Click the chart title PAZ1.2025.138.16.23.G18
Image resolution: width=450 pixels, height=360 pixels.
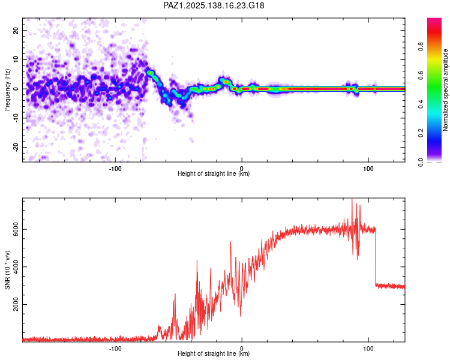[214, 5]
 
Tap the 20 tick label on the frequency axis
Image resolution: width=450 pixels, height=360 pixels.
[16, 30]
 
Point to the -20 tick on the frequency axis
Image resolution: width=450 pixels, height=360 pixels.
[16, 147]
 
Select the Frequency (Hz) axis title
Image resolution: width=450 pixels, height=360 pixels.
[7, 89]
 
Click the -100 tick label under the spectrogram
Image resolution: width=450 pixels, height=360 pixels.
[115, 169]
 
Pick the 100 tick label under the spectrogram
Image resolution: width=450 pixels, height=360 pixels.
[368, 169]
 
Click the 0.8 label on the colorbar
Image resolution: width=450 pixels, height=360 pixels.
[421, 47]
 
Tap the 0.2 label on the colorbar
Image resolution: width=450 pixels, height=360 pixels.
[421, 133]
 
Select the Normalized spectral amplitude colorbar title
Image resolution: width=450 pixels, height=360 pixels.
[445, 90]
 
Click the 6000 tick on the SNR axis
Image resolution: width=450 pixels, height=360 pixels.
[16, 229]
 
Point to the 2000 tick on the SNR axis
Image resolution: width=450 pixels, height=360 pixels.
[16, 304]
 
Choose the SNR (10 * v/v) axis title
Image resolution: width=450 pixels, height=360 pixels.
[7, 270]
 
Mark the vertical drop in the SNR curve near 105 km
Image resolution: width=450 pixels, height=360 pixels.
[376, 256]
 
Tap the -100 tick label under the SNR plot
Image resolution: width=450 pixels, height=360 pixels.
[115, 349]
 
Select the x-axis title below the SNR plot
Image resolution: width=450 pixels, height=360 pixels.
[214, 353]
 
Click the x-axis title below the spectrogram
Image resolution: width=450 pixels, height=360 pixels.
[214, 173]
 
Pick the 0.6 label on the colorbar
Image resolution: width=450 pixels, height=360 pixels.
[421, 75]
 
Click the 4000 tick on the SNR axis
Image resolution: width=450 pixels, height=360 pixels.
[16, 266]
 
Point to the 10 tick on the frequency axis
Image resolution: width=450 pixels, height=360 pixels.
[16, 59]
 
